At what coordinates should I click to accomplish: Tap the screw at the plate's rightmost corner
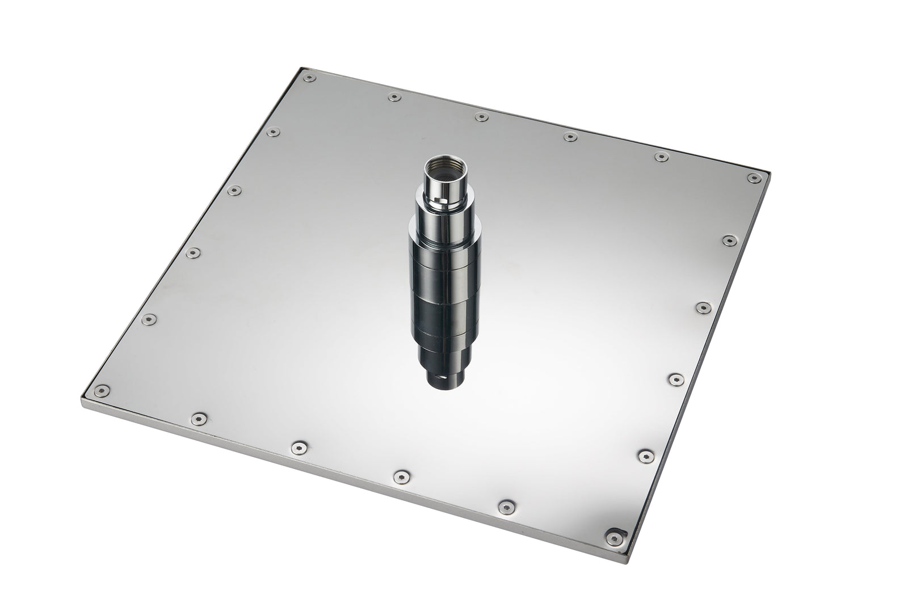coord(754,178)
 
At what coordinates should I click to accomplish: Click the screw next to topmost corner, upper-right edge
coord(393,98)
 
